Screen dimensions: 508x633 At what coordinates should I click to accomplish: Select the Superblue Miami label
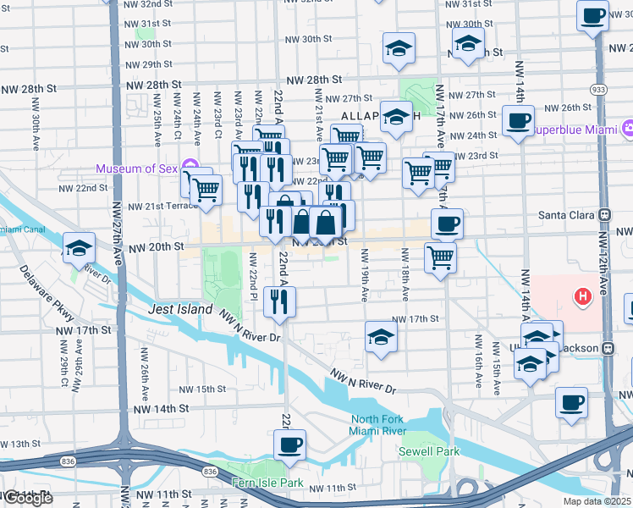click(x=575, y=130)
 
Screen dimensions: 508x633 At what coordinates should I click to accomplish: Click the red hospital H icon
click(x=582, y=297)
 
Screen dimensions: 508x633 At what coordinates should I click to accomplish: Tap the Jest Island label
click(x=180, y=310)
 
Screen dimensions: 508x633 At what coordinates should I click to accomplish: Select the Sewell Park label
click(x=429, y=451)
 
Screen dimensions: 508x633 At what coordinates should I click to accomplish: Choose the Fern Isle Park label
click(x=267, y=483)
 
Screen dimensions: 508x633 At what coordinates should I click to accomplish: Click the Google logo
click(x=28, y=498)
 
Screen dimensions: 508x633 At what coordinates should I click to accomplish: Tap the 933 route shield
click(x=599, y=88)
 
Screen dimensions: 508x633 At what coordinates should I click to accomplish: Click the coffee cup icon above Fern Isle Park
click(x=290, y=444)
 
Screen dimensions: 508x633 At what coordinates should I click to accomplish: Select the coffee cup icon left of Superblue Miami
click(x=518, y=120)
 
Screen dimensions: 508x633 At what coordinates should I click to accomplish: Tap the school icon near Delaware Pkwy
click(x=79, y=247)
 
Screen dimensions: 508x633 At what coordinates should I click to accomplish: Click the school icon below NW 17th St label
click(x=381, y=338)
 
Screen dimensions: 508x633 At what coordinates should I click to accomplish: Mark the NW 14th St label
click(x=158, y=408)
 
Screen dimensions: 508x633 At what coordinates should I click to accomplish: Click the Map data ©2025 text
click(x=597, y=501)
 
